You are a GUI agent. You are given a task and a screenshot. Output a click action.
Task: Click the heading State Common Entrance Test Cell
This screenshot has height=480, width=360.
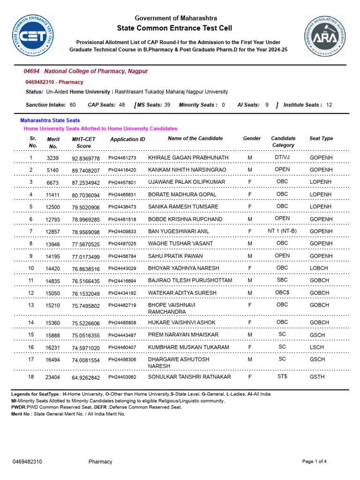click(x=175, y=28)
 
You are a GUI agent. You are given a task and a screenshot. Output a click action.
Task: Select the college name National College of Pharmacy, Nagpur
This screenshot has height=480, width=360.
click(x=96, y=71)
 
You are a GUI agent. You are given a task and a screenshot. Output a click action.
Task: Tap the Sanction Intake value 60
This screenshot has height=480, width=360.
click(x=73, y=105)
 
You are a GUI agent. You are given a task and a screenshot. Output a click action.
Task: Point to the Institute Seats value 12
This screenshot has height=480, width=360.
click(x=329, y=105)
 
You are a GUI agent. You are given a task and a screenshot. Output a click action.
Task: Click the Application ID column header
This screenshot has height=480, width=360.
click(x=127, y=139)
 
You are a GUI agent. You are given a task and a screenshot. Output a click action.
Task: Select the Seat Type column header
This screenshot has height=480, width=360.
click(x=321, y=138)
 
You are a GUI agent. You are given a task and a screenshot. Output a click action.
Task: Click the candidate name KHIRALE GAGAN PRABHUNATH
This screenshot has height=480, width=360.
click(x=188, y=157)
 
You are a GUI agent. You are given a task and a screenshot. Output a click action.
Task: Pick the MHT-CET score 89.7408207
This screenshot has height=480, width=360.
click(x=86, y=170)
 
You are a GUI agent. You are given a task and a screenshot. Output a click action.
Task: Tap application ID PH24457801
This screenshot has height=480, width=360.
click(x=122, y=182)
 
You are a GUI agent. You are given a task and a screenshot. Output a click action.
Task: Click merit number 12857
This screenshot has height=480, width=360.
click(x=53, y=232)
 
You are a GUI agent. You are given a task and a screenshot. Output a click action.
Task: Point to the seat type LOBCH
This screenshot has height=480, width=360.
click(x=319, y=268)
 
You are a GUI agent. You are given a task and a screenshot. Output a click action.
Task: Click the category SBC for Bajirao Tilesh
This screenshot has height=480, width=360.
click(x=282, y=280)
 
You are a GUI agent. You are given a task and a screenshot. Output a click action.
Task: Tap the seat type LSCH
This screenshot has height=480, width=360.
click(x=317, y=347)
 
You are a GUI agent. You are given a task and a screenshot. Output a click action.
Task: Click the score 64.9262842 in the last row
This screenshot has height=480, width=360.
click(x=86, y=377)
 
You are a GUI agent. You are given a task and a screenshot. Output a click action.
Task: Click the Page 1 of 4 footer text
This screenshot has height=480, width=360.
click(x=314, y=462)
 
